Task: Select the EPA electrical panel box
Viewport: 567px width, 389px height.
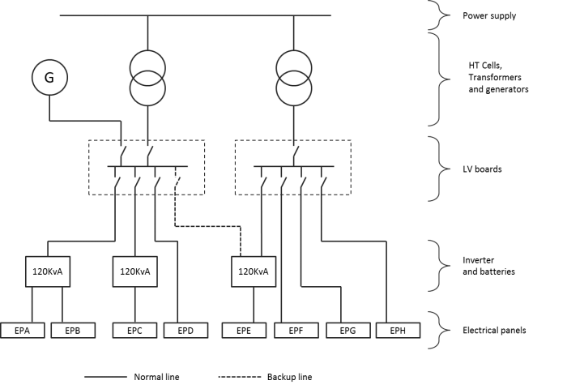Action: click(23, 331)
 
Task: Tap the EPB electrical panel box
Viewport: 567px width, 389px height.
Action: click(73, 331)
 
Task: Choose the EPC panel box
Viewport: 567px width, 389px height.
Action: click(135, 331)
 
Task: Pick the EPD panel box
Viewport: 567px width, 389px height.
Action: click(185, 331)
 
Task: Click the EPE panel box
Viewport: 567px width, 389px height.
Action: click(244, 331)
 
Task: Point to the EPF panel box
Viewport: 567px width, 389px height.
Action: click(296, 331)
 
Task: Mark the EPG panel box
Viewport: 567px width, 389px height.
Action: click(348, 331)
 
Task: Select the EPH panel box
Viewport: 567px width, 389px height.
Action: click(399, 331)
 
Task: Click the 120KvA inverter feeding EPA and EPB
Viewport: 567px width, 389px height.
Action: click(48, 271)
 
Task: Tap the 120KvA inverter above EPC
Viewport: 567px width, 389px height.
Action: click(135, 271)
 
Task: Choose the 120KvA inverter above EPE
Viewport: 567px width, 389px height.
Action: click(254, 271)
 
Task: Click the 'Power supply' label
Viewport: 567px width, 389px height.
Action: click(489, 16)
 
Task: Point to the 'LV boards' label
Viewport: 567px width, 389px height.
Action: click(482, 169)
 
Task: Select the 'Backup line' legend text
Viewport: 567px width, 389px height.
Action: click(289, 377)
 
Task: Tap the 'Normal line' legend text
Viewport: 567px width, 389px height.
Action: click(156, 377)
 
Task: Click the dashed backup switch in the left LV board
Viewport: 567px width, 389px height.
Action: click(177, 180)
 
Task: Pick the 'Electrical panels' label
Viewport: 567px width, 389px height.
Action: click(494, 331)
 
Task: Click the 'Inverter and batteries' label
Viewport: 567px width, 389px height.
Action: click(488, 266)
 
